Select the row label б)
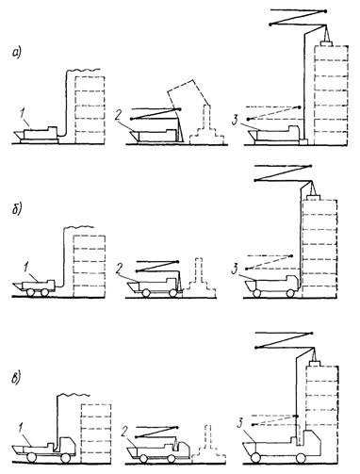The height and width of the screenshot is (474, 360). (17, 210)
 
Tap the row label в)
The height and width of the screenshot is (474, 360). (17, 378)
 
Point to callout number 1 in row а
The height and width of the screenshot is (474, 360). (24, 114)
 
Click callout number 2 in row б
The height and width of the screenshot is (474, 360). (119, 269)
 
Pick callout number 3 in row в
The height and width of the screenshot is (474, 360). (239, 423)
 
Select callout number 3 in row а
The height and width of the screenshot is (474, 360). (235, 121)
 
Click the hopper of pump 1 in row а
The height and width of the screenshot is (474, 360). (19, 136)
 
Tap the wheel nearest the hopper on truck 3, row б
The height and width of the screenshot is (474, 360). (256, 293)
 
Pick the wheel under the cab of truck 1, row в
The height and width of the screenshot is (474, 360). (65, 458)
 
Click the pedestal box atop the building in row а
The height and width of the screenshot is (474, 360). (327, 43)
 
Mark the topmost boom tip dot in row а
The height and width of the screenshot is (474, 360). (325, 11)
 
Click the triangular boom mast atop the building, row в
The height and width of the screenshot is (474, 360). (314, 354)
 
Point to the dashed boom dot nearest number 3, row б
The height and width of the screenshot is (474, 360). (247, 269)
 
